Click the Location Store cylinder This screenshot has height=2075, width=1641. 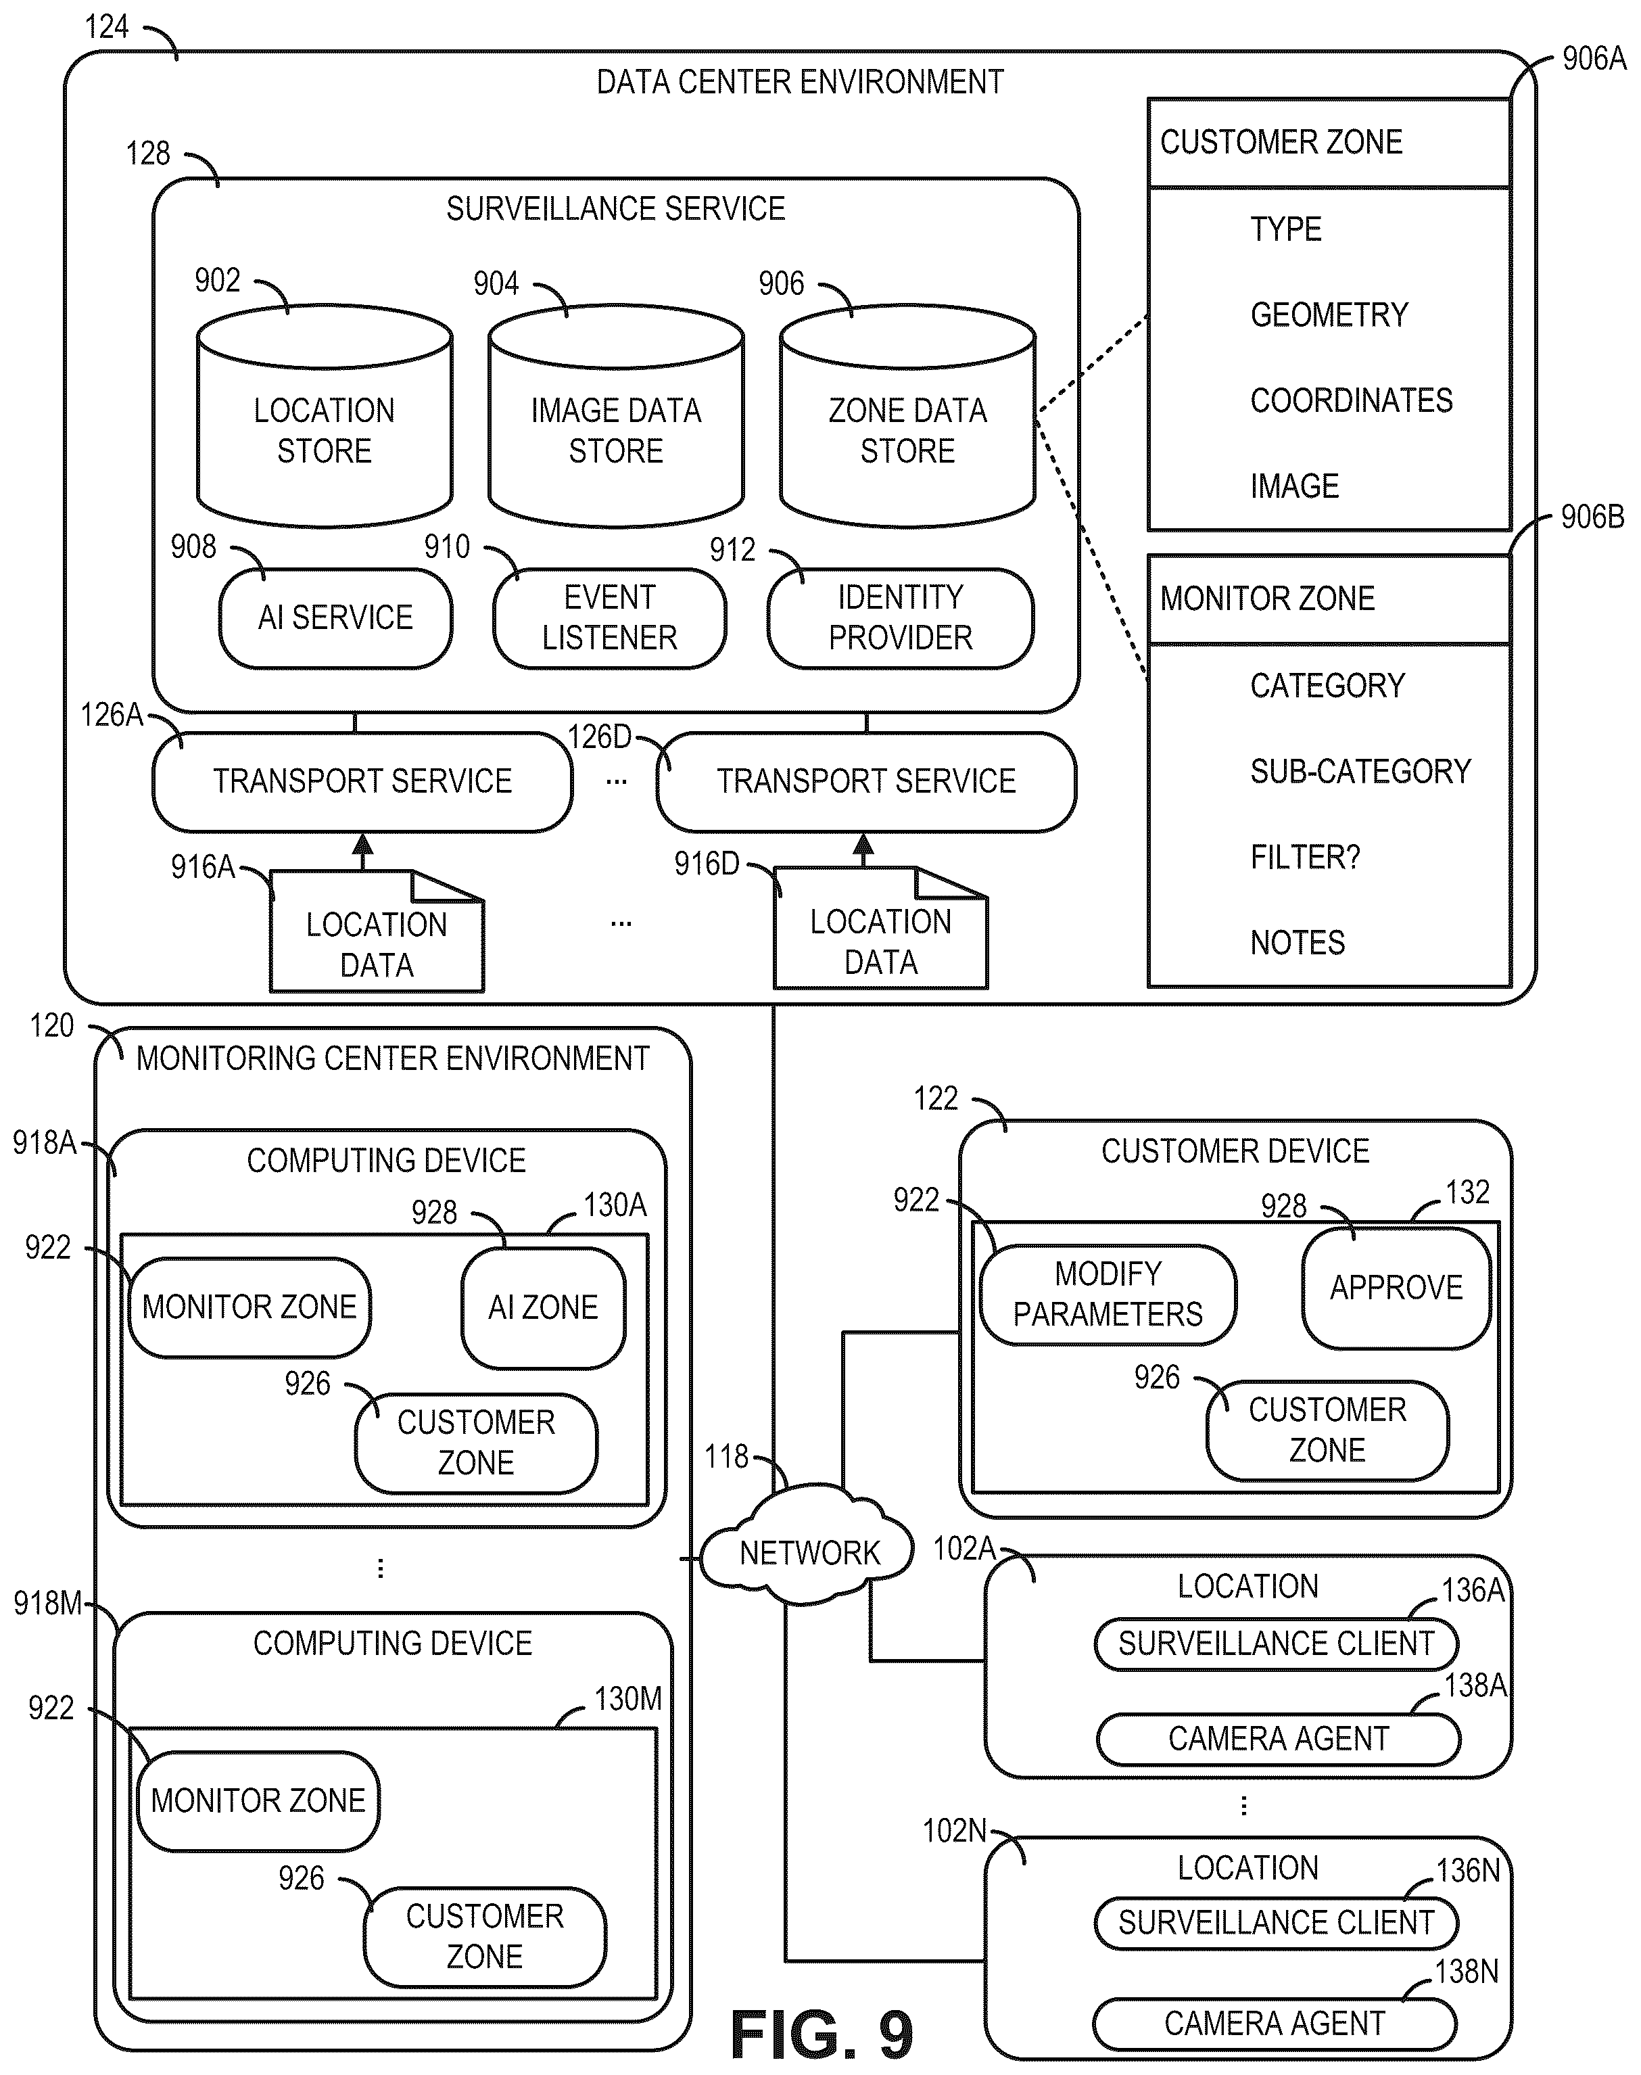pos(325,415)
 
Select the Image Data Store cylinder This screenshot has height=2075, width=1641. pos(616,415)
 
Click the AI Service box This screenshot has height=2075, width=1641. pos(335,618)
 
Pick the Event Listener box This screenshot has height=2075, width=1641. pos(609,618)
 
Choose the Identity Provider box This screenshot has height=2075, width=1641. pos(900,618)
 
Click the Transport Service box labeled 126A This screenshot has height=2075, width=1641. pos(362,781)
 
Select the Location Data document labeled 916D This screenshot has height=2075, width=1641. pos(880,927)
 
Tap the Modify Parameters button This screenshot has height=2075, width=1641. pos(1108,1295)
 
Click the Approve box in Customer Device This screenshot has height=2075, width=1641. pos(1396,1288)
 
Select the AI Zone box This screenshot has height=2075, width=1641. pos(543,1307)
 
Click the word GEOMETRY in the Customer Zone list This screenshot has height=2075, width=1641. pos(1329,315)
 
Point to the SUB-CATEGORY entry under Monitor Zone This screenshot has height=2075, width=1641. pos(1360,772)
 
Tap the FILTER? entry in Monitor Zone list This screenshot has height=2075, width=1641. pos(1305,858)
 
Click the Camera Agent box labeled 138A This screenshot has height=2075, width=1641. pos(1278,1739)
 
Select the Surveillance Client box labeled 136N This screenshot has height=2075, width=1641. pos(1276,1922)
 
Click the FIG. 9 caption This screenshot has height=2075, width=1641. pos(822,2034)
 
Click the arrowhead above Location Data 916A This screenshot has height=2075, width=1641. pos(362,845)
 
